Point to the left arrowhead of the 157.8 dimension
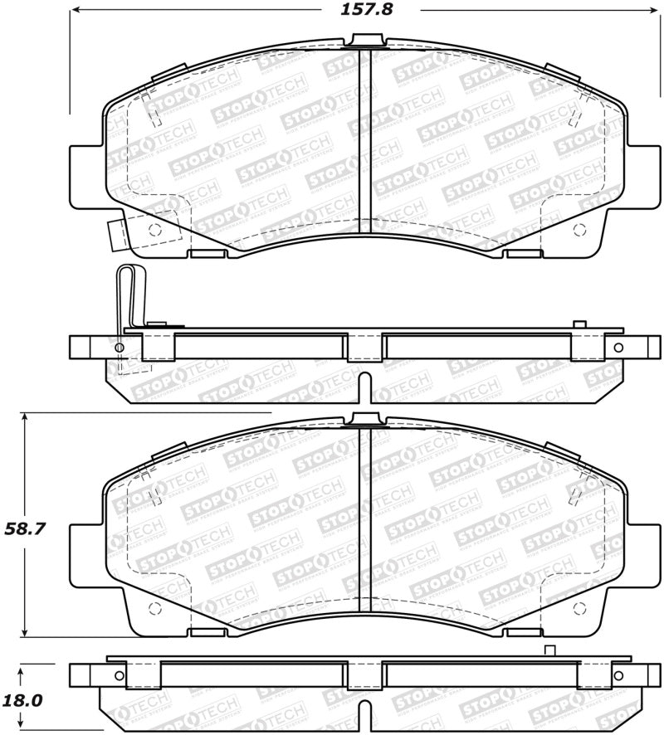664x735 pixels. click(74, 10)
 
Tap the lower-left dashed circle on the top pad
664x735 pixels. click(153, 231)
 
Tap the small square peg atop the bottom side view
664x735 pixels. click(548, 650)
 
